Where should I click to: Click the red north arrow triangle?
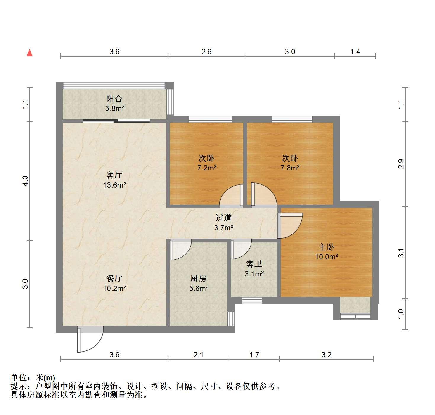point(30,53)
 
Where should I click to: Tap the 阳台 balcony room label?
point(114,99)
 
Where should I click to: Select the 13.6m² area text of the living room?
point(114,185)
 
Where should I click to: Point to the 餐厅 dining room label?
point(114,279)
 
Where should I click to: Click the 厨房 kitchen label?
point(198,279)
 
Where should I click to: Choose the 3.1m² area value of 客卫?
point(254,274)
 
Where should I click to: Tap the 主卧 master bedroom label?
point(326,247)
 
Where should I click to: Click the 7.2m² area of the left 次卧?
point(207,168)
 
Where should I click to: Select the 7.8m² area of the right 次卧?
point(290,168)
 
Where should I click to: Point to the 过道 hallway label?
point(224,218)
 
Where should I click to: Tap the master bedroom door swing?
point(290,226)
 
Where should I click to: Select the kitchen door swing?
point(181,250)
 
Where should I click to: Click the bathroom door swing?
point(241,249)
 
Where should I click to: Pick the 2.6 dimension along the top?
point(206,52)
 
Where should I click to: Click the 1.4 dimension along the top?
point(355,52)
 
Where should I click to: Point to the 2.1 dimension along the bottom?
point(198,355)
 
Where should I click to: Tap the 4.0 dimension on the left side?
point(25,181)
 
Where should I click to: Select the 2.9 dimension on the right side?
point(401,164)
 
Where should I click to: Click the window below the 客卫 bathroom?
point(252,300)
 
